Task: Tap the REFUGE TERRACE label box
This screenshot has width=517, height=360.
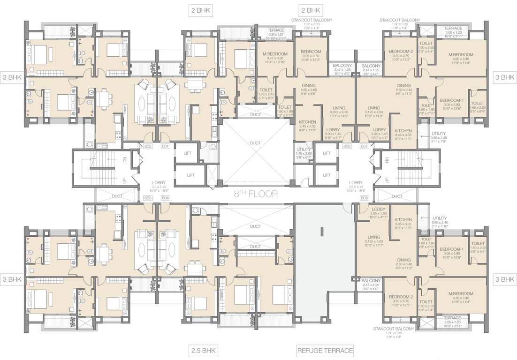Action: coord(325,350)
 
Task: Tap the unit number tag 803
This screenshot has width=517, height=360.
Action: coord(149,198)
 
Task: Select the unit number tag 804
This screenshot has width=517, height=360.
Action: coord(165,198)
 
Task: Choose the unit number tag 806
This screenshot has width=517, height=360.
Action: coord(364,198)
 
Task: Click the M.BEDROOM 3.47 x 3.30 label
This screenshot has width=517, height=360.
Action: coord(273,57)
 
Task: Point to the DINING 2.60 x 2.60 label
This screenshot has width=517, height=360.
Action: coord(309,89)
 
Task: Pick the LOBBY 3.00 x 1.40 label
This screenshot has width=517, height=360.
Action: coord(333,133)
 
